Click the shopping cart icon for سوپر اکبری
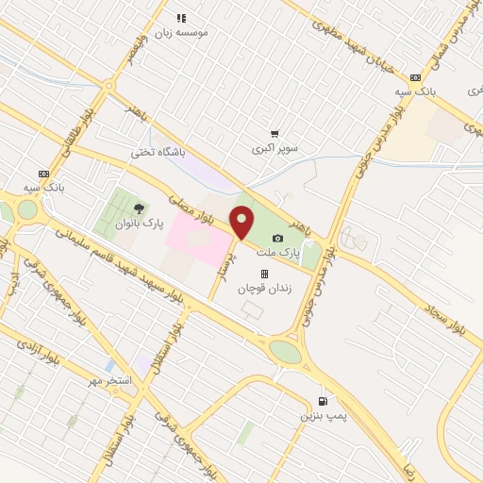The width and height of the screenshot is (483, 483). [x=275, y=134]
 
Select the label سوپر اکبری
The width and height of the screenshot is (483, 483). [x=275, y=149]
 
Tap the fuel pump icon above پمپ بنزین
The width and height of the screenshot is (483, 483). [x=325, y=400]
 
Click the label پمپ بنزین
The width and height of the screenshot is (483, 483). [x=318, y=415]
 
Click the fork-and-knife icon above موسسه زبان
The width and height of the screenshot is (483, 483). [x=182, y=17]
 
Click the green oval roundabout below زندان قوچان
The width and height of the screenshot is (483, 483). [x=284, y=351]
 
